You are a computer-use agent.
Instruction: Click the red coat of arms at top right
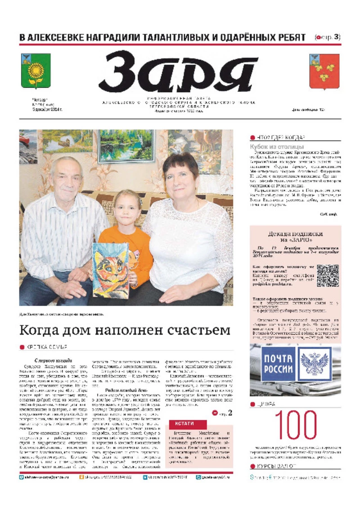(324, 71)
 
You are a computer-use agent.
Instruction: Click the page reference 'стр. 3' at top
(330, 37)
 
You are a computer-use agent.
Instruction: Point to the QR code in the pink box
(327, 275)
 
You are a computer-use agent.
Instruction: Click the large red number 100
(295, 426)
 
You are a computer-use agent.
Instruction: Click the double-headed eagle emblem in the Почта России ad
(315, 364)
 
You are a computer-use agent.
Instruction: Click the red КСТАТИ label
(188, 424)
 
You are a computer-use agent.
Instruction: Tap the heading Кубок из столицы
(276, 147)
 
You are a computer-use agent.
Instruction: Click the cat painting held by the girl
(111, 271)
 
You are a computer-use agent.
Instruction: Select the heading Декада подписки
(295, 234)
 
